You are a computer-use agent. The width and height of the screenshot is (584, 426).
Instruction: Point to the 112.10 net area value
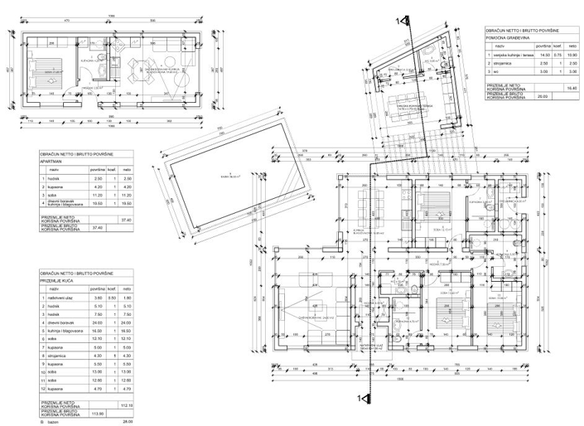tap(127, 406)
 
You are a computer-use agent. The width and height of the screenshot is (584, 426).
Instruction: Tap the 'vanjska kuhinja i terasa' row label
tap(511, 55)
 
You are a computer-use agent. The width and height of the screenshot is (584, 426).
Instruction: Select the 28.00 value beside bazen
tap(127, 422)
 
